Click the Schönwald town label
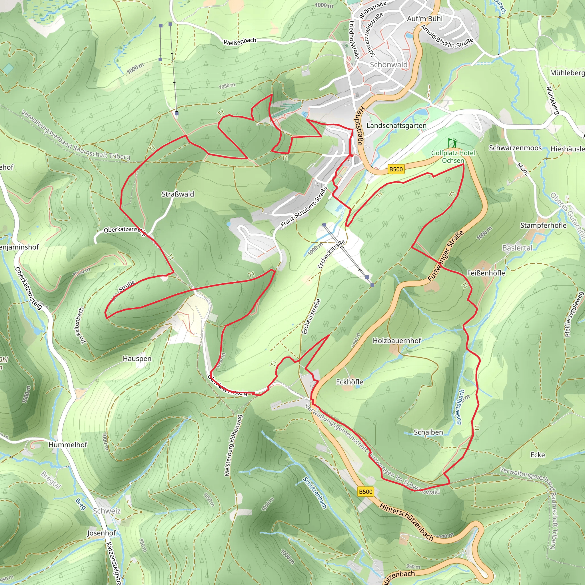[388, 65]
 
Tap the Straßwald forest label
[178, 194]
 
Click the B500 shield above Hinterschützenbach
[365, 491]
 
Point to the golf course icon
[452, 142]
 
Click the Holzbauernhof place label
[397, 341]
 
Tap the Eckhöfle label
[349, 382]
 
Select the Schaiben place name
[428, 432]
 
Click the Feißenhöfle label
[486, 273]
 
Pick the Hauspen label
[137, 358]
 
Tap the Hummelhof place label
[68, 444]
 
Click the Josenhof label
[102, 533]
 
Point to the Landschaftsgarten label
[396, 125]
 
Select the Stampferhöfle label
[543, 225]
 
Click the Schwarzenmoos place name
[515, 148]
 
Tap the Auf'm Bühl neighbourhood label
[424, 19]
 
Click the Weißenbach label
[240, 41]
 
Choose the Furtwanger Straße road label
[445, 256]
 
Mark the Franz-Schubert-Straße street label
[304, 207]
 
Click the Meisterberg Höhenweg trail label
[231, 445]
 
